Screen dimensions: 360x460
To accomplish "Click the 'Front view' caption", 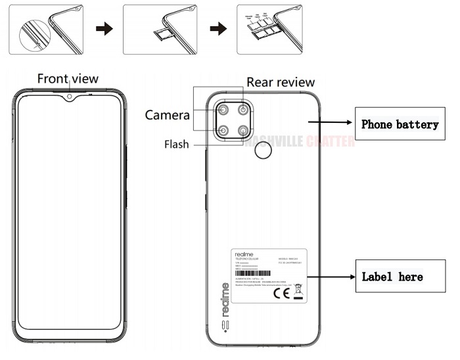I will (68, 79).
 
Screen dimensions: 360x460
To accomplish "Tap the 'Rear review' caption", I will (281, 82).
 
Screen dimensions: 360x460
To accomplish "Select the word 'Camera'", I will (168, 116).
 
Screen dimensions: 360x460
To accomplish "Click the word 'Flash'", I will (176, 144).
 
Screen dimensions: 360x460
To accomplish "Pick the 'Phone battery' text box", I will (400, 124).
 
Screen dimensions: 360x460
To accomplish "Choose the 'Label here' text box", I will (392, 277).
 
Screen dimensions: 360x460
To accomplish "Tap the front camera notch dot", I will (69, 99).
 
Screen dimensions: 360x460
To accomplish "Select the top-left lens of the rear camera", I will (223, 110).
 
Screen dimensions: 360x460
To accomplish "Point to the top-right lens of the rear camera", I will (244, 110).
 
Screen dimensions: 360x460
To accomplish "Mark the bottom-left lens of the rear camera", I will (223, 131).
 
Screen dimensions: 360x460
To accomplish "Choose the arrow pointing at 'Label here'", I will (331, 276).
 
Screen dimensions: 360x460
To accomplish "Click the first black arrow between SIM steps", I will (103, 29).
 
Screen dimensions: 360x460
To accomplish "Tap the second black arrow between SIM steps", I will (218, 29).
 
